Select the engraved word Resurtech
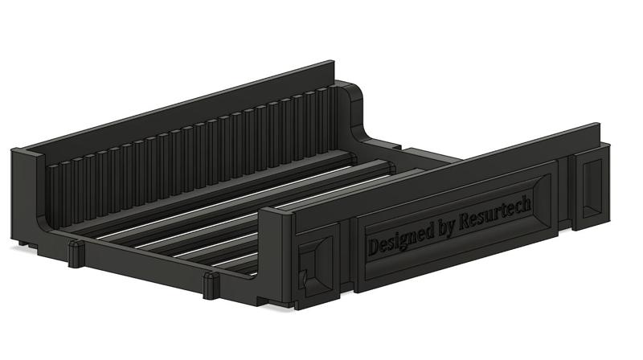click(494, 214)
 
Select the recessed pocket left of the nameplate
click(315, 264)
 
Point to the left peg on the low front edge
click(75, 254)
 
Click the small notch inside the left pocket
click(304, 277)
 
